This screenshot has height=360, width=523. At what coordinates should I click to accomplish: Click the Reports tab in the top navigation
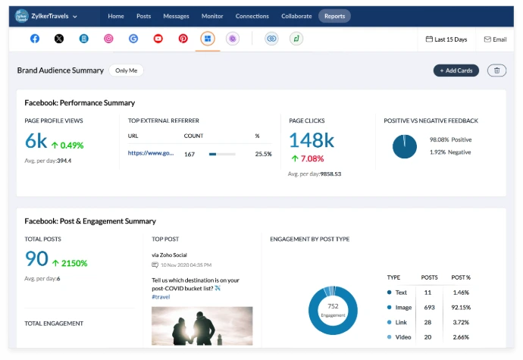click(334, 16)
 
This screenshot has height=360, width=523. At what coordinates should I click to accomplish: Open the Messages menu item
click(176, 16)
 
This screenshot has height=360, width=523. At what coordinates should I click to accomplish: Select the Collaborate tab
click(296, 16)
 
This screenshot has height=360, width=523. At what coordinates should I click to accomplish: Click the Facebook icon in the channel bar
click(35, 39)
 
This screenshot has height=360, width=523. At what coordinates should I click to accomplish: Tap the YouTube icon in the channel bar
click(158, 39)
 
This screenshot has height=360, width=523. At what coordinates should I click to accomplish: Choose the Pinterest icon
click(183, 39)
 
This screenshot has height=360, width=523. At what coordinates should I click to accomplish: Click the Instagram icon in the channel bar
click(108, 39)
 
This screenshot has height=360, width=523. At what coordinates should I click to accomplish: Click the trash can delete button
click(496, 70)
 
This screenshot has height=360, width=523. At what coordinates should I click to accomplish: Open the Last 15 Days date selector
click(446, 39)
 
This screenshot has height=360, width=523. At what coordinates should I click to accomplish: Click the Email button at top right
click(495, 39)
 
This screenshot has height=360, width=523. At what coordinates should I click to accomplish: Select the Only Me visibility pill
click(126, 70)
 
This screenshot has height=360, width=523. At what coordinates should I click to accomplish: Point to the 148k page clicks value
click(312, 140)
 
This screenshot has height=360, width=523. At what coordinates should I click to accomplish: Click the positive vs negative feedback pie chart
click(405, 146)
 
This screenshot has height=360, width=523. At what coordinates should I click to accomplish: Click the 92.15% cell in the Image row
click(460, 307)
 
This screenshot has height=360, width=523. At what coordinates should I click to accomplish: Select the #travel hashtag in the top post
click(161, 297)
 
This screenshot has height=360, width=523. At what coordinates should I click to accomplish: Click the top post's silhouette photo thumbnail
click(202, 325)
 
